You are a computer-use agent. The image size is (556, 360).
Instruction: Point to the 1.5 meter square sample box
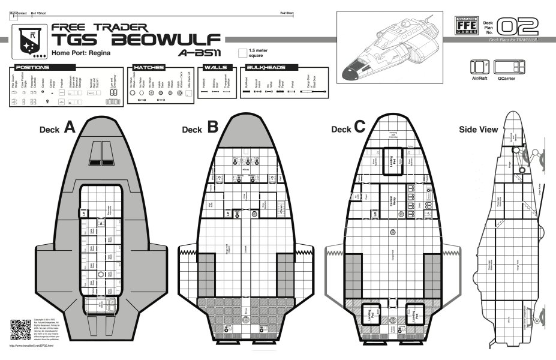[x=242, y=53]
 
